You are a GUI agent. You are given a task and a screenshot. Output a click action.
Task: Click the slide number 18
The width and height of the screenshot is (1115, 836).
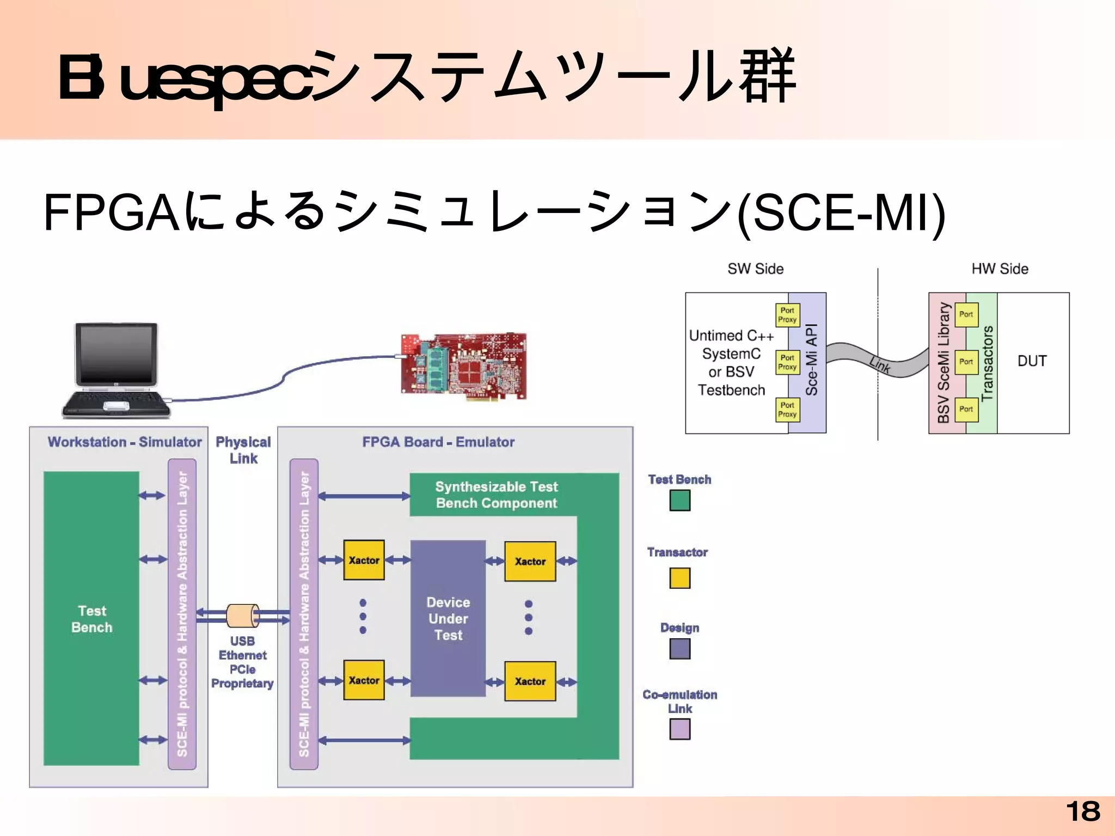tap(1083, 811)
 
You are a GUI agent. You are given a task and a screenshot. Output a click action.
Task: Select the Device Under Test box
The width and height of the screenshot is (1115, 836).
tap(448, 618)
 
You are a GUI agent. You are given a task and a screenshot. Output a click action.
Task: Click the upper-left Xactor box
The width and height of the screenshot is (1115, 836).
tap(364, 560)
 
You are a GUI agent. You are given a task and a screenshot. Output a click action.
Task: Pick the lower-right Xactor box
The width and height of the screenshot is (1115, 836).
tap(530, 681)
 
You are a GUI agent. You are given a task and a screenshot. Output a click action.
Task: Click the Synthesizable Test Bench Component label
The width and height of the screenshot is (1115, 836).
tap(496, 495)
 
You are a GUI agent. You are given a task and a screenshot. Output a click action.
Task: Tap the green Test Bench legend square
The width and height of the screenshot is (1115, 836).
tap(679, 500)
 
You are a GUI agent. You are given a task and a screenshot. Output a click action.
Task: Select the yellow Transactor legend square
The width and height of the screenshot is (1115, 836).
tap(679, 577)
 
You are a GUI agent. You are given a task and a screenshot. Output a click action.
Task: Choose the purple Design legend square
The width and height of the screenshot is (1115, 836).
tap(679, 648)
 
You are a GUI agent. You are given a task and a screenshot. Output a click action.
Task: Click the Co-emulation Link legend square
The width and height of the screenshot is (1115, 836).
tap(679, 729)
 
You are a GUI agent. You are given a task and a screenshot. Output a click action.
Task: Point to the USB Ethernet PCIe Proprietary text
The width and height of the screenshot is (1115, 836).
tap(242, 662)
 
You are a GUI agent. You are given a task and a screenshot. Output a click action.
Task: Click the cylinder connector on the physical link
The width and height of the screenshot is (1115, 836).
tap(242, 615)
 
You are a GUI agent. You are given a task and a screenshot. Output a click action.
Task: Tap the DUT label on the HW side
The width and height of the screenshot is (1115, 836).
tap(1032, 361)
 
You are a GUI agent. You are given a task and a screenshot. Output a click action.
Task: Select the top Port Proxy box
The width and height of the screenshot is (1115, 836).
tap(787, 315)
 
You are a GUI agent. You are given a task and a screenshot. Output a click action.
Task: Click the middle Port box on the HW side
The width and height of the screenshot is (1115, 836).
tap(966, 362)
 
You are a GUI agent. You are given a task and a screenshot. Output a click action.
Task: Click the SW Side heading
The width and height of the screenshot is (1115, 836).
tap(755, 269)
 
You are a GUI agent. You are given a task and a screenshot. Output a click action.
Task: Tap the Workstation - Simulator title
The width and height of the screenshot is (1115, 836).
tap(124, 442)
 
